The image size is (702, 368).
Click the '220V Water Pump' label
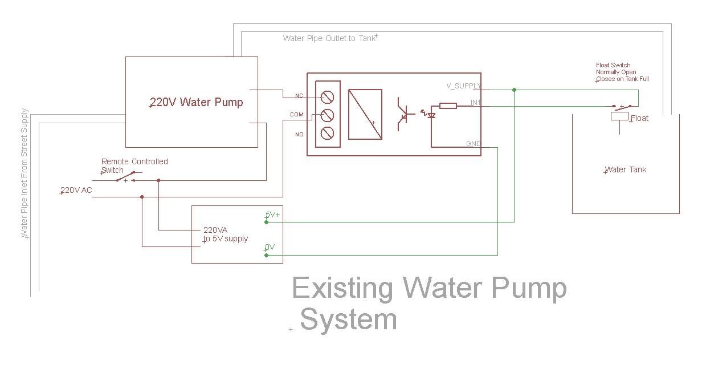196,102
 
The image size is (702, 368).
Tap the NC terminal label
299,96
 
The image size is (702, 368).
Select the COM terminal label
297,115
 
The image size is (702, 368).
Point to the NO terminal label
299,134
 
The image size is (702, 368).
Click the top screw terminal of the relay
327,97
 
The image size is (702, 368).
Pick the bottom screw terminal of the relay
327,133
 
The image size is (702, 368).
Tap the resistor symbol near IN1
448,106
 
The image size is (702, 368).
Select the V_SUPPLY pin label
463,86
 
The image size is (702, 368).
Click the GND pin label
473,143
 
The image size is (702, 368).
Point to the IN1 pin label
475,103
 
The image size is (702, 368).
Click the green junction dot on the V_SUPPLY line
515,90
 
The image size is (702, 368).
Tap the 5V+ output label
272,215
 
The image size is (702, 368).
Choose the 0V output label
270,247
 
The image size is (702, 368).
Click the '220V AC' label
76,190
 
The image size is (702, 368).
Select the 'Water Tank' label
625,169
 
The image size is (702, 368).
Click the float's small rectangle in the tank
619,116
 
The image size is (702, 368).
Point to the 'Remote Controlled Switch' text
134,166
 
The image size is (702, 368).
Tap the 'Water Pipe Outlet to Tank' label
329,38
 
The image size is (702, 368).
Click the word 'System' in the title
349,320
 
